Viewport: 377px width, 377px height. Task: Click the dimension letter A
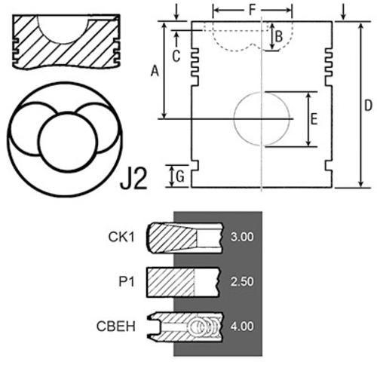(x=155, y=71)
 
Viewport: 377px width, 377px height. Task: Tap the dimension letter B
(x=279, y=36)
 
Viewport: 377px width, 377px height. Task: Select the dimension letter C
(x=176, y=56)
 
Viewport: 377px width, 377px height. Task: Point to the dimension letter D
(x=368, y=106)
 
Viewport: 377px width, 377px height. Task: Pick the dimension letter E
(x=314, y=119)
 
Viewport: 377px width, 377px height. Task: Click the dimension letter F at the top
(x=252, y=10)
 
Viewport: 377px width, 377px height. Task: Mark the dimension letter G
(x=180, y=176)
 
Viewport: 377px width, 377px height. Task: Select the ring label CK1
(x=121, y=237)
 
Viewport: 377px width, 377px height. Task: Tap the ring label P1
(x=127, y=281)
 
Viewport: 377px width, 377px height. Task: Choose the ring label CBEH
(x=116, y=326)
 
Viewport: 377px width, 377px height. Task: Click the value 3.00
(x=242, y=237)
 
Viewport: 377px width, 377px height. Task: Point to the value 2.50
(x=242, y=281)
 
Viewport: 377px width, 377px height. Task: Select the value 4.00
(x=242, y=326)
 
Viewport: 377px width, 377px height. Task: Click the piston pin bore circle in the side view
(x=234, y=119)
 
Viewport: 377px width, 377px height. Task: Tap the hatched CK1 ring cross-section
(x=172, y=238)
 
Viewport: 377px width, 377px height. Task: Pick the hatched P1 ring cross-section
(x=170, y=282)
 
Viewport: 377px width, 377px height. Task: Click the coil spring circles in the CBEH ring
(x=205, y=327)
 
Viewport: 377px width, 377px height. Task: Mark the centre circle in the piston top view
(x=38, y=142)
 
